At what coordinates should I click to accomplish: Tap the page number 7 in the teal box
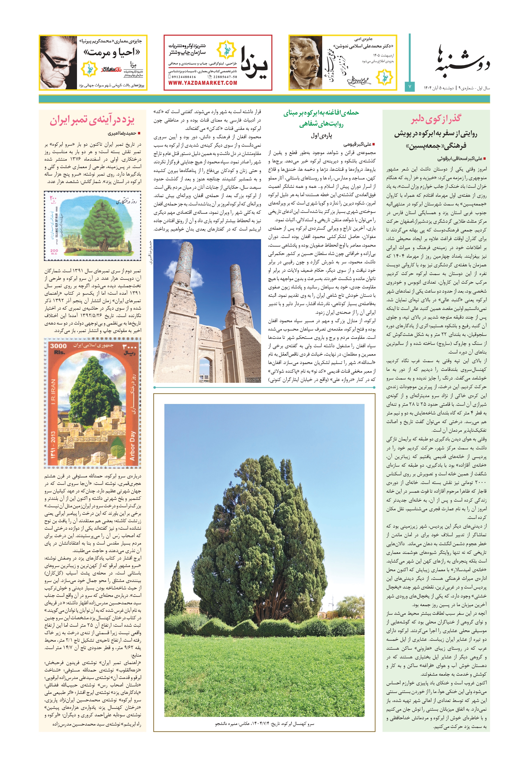coord(410,87)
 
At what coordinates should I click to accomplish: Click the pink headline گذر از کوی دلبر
coord(436,119)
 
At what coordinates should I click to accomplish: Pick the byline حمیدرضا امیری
coord(122,133)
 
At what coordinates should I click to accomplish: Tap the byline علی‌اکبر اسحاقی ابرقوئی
coord(459,159)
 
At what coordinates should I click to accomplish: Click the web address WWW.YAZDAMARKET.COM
coord(203,83)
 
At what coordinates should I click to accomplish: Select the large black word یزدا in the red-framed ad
coord(254,63)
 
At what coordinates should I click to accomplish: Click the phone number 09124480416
coord(184,77)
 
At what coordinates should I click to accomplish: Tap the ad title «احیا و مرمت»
coord(112,53)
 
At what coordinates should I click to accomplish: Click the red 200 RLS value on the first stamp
coord(54,251)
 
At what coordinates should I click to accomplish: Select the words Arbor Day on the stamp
coord(132,445)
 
